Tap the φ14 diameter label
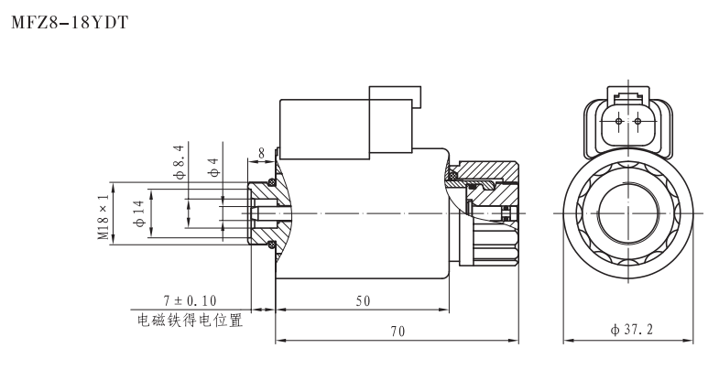[x=140, y=212]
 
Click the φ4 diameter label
[x=212, y=167]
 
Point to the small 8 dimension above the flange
[x=262, y=153]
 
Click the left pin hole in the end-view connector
[x=619, y=121]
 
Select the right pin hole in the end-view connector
[x=637, y=121]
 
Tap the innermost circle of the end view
[x=627, y=212]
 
